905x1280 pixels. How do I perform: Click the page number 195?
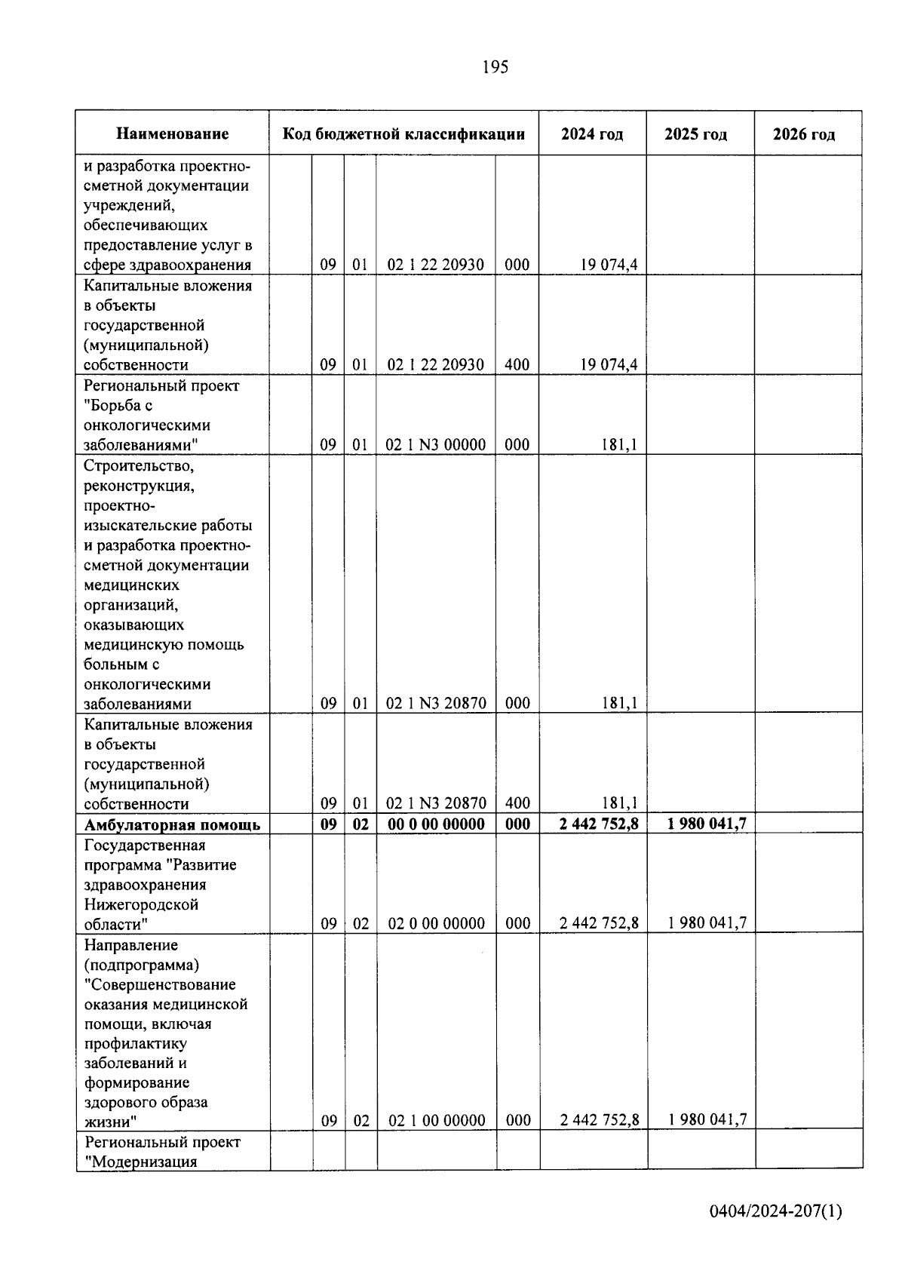click(495, 67)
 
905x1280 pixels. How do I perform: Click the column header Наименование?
click(172, 134)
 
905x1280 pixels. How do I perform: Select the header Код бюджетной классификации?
click(403, 134)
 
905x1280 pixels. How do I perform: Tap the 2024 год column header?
click(592, 134)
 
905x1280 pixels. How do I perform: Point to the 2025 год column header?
click(695, 134)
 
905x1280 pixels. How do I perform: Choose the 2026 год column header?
click(804, 134)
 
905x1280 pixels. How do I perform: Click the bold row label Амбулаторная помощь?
click(172, 824)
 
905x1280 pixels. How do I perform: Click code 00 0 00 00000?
click(436, 824)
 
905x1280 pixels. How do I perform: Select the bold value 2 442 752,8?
click(599, 824)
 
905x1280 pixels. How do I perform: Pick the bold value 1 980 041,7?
click(707, 824)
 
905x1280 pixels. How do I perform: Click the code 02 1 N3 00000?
click(436, 445)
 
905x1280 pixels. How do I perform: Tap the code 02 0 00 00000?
click(436, 924)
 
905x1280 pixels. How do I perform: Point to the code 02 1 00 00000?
click(437, 1121)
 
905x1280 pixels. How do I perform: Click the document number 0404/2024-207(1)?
click(775, 1211)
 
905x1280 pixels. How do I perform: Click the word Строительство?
click(140, 466)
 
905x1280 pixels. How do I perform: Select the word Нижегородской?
click(141, 904)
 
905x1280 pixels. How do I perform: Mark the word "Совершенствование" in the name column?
click(160, 984)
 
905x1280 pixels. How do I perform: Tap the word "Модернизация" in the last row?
click(140, 1162)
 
